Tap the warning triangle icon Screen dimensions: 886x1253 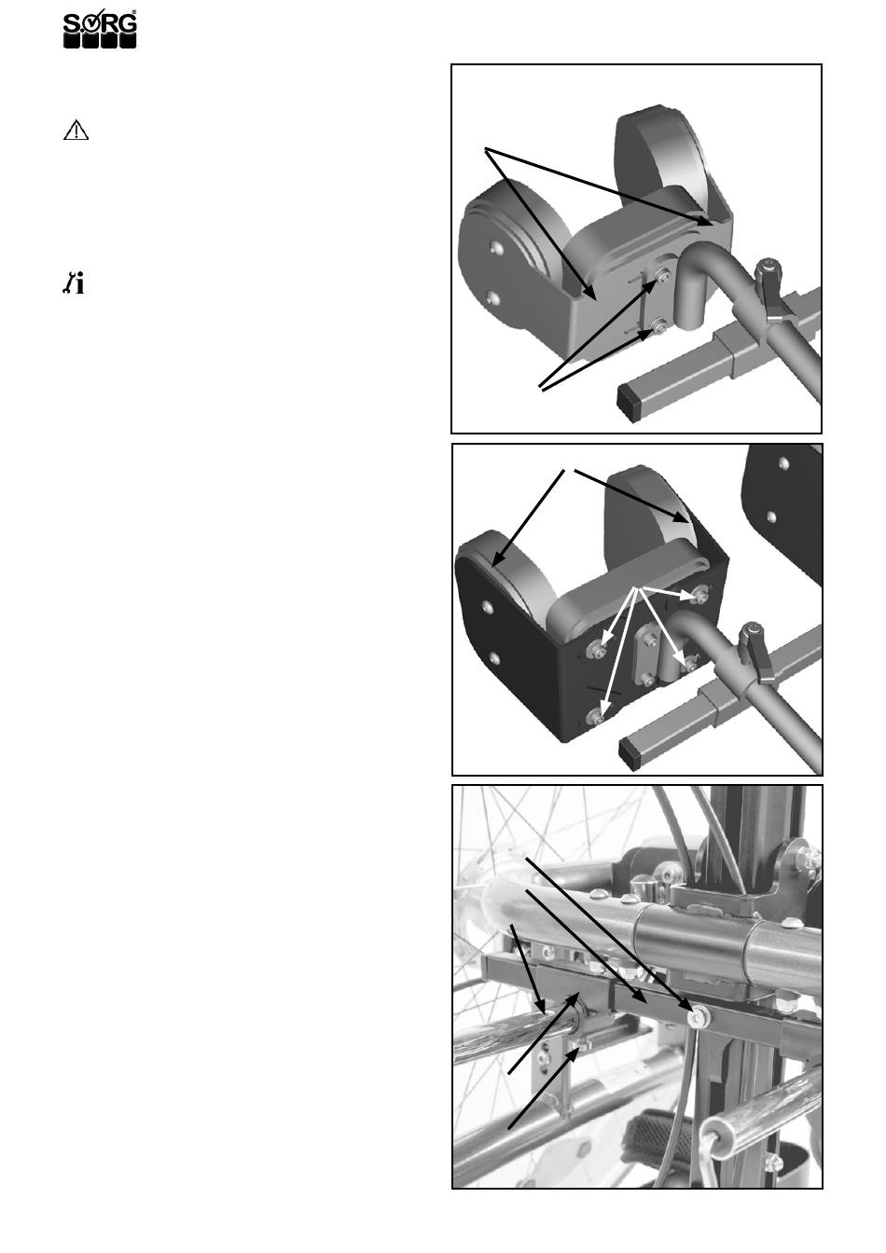coord(76,130)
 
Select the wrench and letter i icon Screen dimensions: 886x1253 coord(74,282)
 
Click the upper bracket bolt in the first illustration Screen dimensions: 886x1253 coord(663,275)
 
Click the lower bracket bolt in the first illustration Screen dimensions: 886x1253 coord(659,324)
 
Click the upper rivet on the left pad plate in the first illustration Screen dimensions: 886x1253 coord(494,247)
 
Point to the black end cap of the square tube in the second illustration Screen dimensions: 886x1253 coord(630,751)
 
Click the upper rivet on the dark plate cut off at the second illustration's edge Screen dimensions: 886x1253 coord(784,463)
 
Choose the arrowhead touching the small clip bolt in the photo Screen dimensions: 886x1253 coord(574,1054)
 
